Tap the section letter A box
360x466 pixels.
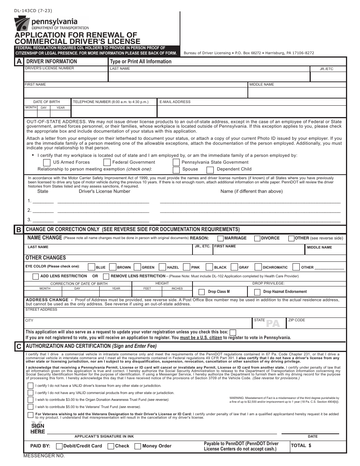[19, 61]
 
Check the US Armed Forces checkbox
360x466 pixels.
[47, 163]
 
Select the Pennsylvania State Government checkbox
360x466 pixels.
[176, 163]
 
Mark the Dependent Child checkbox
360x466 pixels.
[210, 169]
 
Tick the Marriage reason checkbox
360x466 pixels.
[220, 238]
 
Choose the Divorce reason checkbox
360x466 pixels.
[257, 238]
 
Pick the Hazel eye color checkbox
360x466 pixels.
[162, 267]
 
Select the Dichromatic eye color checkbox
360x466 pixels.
[258, 267]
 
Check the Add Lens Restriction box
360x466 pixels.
[36, 276]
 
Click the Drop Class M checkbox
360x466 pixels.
[201, 292]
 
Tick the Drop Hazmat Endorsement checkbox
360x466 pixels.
[257, 292]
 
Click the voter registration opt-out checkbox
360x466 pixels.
[233, 332]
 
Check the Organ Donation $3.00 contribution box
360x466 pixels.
[30, 400]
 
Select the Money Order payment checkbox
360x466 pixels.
[138, 446]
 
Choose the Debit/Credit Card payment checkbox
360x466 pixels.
[59, 446]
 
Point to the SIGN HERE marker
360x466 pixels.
[38, 428]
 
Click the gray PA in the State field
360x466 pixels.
[272, 324]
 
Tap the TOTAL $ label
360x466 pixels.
[301, 446]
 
